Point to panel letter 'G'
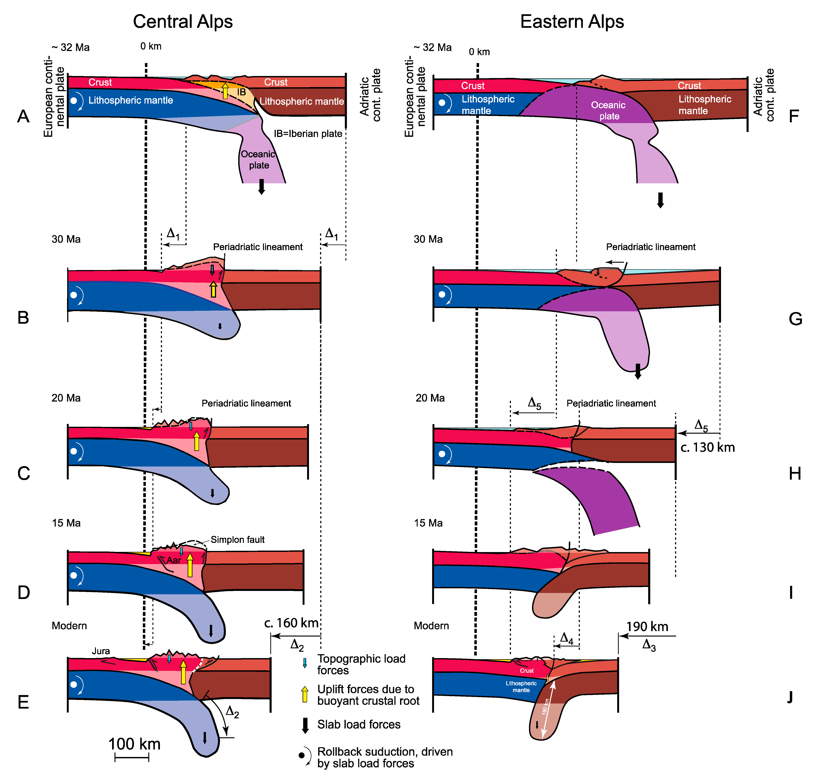pos(795,319)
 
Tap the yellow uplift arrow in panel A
pos(225,91)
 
